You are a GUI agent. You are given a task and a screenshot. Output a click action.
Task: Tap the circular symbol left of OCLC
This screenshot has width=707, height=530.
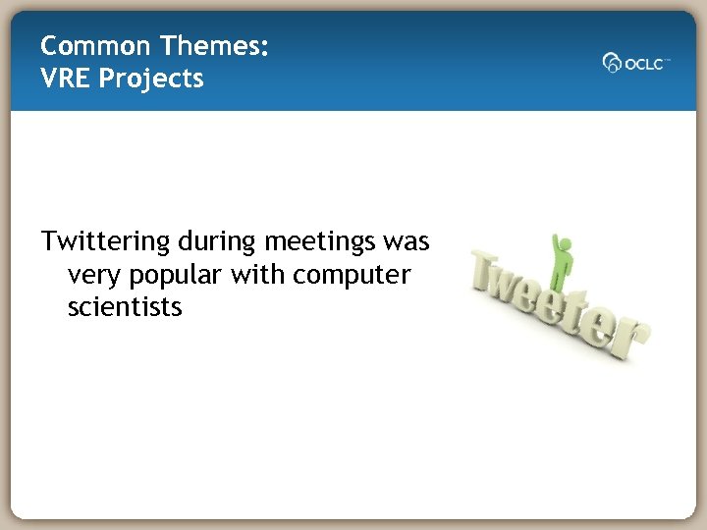[612, 63]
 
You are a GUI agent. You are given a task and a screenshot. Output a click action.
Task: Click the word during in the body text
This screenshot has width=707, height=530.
[214, 242]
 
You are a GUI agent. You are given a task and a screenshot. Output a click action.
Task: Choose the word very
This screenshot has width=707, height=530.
[95, 275]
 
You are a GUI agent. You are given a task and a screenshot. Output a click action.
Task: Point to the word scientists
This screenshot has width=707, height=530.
[125, 307]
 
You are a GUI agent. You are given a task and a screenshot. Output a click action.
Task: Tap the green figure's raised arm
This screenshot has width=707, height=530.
[557, 243]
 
